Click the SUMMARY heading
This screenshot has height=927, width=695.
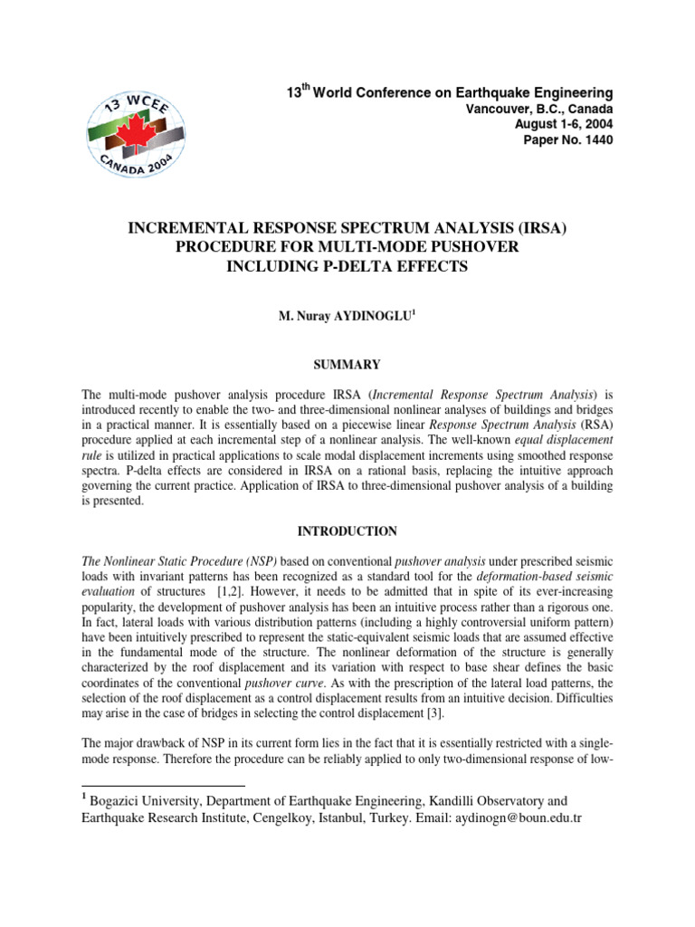(x=347, y=365)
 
